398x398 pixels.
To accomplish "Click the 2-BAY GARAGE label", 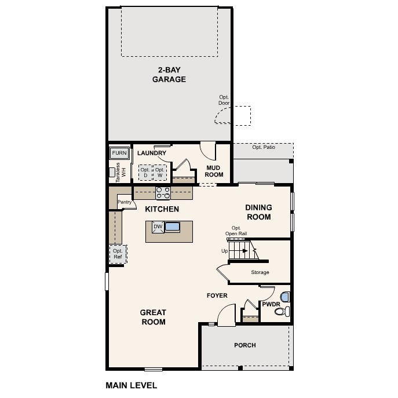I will [x=169, y=75].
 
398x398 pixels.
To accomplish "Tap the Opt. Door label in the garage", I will [x=224, y=100].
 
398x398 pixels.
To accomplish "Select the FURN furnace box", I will [x=119, y=153].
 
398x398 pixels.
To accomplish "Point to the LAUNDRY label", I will [x=152, y=153].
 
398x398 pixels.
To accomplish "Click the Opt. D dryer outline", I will [x=145, y=173].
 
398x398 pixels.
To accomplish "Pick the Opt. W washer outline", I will [x=159, y=173].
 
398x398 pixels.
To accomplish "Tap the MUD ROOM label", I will [x=214, y=171].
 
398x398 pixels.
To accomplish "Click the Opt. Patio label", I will [x=264, y=148].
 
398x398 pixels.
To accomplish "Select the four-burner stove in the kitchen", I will [x=163, y=193].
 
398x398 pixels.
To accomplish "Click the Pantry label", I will [x=125, y=202].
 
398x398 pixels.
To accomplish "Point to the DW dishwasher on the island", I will [x=158, y=227].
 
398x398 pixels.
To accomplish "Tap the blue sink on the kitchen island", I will [x=173, y=227].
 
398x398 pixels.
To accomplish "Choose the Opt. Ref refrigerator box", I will [x=118, y=253].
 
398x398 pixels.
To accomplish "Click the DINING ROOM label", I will [x=258, y=212].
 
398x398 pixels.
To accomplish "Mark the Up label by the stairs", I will [x=224, y=251].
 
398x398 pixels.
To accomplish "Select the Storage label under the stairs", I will [x=260, y=272].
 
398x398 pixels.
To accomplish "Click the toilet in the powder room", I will [x=280, y=312].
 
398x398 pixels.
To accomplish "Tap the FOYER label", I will [x=217, y=295].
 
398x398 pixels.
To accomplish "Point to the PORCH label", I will [x=244, y=345].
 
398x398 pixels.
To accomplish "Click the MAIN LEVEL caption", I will [x=131, y=384].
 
